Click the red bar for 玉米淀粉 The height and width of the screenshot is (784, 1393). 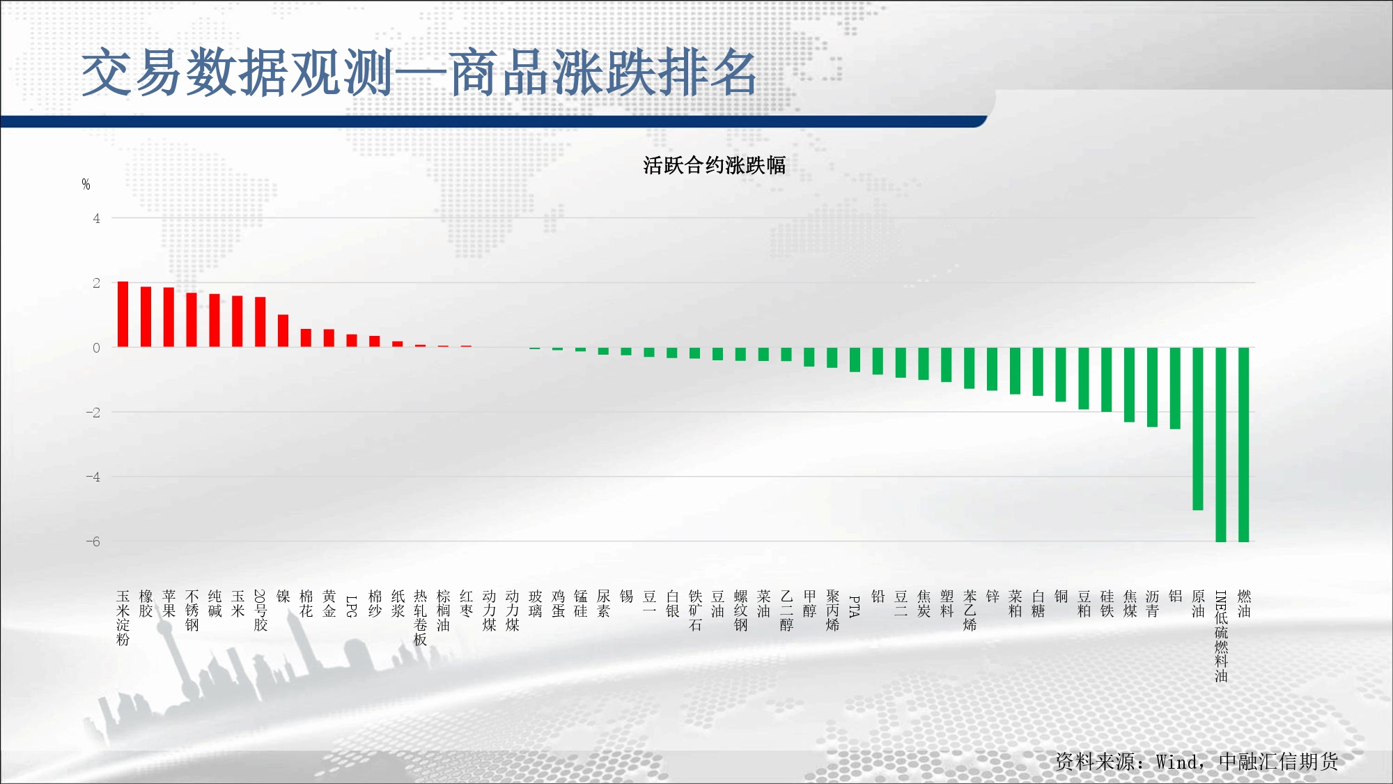(123, 314)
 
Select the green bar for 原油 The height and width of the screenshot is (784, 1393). (1198, 429)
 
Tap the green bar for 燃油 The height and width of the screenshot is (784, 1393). (1244, 445)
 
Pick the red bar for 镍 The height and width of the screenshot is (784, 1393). (283, 331)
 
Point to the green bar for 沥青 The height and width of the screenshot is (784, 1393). (1152, 387)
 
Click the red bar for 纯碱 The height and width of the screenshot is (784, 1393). (215, 321)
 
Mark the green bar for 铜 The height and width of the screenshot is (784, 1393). (1061, 374)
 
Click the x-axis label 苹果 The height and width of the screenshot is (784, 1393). (169, 604)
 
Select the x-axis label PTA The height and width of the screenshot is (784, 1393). (855, 606)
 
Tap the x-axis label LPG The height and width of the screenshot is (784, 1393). (352, 606)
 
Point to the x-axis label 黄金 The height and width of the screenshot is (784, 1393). (329, 604)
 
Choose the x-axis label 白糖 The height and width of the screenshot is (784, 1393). (1038, 604)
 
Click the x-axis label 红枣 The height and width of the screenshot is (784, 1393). (466, 604)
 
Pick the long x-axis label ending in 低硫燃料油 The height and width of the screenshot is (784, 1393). (1221, 636)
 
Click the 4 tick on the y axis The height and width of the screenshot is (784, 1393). (97, 218)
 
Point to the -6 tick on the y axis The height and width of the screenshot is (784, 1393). (93, 541)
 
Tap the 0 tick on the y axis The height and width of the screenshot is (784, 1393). (97, 348)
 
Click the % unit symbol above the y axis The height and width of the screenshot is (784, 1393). (86, 185)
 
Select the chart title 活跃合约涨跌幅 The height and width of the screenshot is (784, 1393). (715, 165)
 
